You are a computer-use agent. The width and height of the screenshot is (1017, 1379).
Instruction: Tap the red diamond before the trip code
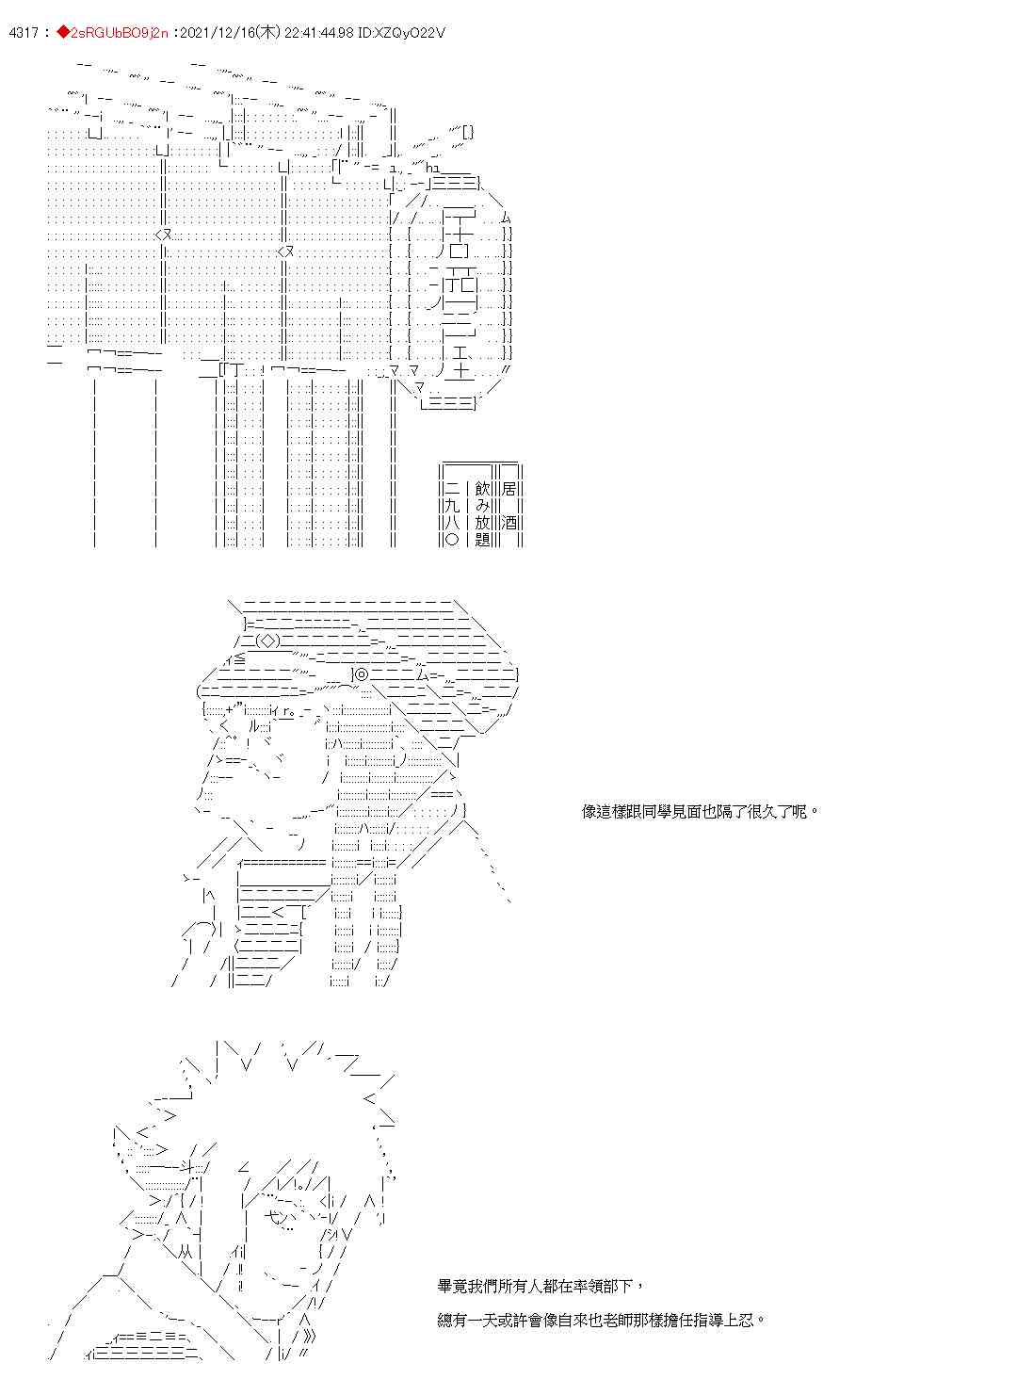pos(63,33)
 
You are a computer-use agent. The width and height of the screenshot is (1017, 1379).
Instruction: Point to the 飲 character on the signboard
pos(483,489)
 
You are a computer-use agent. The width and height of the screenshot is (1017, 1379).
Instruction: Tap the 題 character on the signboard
pos(483,540)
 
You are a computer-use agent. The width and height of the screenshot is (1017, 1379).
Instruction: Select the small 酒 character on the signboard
pos(509,523)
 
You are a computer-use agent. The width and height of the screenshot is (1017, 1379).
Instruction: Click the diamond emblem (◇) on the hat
pos(266,641)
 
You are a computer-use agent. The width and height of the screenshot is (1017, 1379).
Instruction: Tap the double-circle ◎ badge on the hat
pos(362,673)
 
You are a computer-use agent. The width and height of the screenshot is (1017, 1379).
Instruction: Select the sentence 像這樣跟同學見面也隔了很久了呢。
pos(701,811)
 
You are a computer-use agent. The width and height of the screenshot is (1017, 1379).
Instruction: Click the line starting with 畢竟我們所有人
pos(541,1285)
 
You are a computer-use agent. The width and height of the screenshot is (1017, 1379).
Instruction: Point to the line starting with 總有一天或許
pos(602,1320)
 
